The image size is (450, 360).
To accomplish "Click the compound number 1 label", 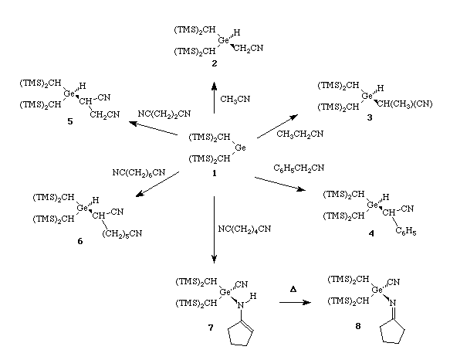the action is [x=214, y=173].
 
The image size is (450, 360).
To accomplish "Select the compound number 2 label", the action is [x=215, y=63].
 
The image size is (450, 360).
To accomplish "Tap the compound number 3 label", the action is [x=370, y=117].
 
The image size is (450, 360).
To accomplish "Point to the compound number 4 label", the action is [x=371, y=233].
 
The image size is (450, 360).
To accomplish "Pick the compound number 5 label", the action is [x=70, y=121].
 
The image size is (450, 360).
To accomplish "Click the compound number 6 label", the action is [x=80, y=241].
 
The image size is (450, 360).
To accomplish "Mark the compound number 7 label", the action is [x=211, y=328].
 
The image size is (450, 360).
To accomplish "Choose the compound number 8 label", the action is [x=358, y=326].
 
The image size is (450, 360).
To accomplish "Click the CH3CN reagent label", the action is [x=235, y=100].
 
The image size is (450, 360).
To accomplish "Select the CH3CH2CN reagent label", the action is [x=300, y=134].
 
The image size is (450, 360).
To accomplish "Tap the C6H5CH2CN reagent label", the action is [x=299, y=168].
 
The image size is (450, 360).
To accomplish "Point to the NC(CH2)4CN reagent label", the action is [x=245, y=229].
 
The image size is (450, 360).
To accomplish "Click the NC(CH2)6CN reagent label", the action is [x=139, y=173].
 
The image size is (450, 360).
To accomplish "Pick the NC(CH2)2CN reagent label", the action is [x=164, y=114].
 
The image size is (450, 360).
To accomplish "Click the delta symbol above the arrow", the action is [x=293, y=289].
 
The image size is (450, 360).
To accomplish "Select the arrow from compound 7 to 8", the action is [x=295, y=302].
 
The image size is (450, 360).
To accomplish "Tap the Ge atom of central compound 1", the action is [x=240, y=148].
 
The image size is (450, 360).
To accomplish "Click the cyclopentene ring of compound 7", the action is [x=241, y=333].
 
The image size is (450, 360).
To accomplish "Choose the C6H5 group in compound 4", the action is [x=406, y=231].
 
